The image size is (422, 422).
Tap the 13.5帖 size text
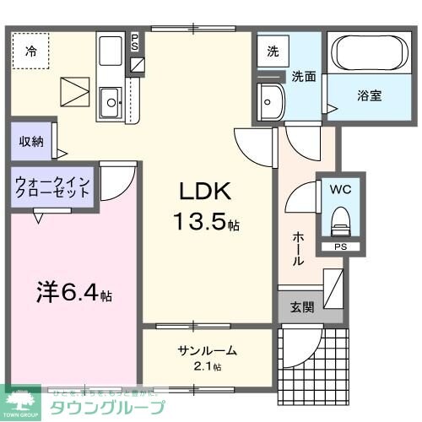coord(205,223)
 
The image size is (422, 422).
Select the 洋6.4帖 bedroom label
coord(73,296)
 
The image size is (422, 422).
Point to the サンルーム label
coord(207,351)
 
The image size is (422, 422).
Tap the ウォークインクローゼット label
coord(52,186)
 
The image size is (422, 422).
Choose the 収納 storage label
coord(32,141)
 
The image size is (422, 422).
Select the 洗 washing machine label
coord(273,51)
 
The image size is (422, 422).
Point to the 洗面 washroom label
coord(304,75)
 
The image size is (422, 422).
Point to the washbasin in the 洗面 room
coord(272,102)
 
